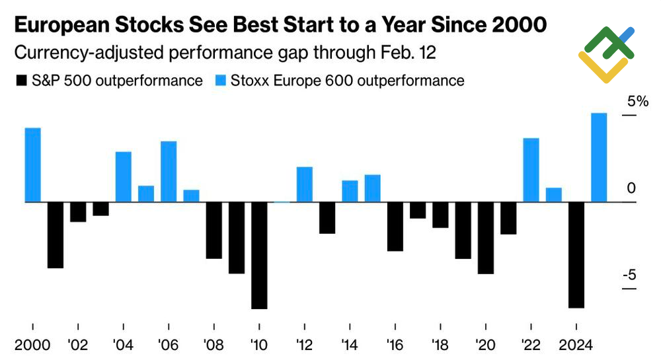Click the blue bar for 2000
click(32, 164)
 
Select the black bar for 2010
click(259, 255)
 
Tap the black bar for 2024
click(576, 254)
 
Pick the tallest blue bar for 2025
click(599, 157)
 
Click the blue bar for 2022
click(531, 170)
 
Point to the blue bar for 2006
click(169, 172)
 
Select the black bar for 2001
click(56, 234)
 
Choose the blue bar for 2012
click(304, 184)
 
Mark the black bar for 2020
click(486, 238)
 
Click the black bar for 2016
click(395, 227)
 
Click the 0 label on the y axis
click(631, 189)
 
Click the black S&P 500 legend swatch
click(20, 81)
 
